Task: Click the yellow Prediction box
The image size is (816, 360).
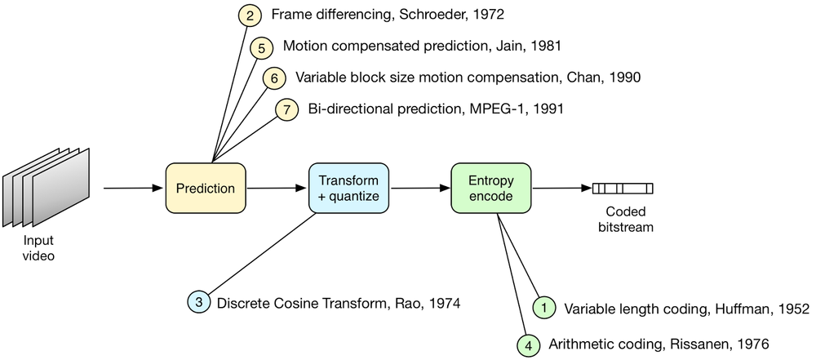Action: [x=206, y=189]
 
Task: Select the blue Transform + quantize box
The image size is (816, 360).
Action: [x=348, y=189]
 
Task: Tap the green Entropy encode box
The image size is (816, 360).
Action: [x=491, y=189]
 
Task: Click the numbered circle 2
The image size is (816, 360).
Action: [x=251, y=15]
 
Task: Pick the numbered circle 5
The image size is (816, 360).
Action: [x=261, y=47]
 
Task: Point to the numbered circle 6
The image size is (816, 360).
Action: [x=274, y=78]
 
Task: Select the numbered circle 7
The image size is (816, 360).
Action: [x=287, y=109]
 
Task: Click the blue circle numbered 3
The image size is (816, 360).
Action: [x=199, y=303]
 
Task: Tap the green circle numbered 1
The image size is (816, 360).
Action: [x=544, y=308]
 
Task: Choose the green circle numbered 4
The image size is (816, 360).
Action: [x=529, y=344]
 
